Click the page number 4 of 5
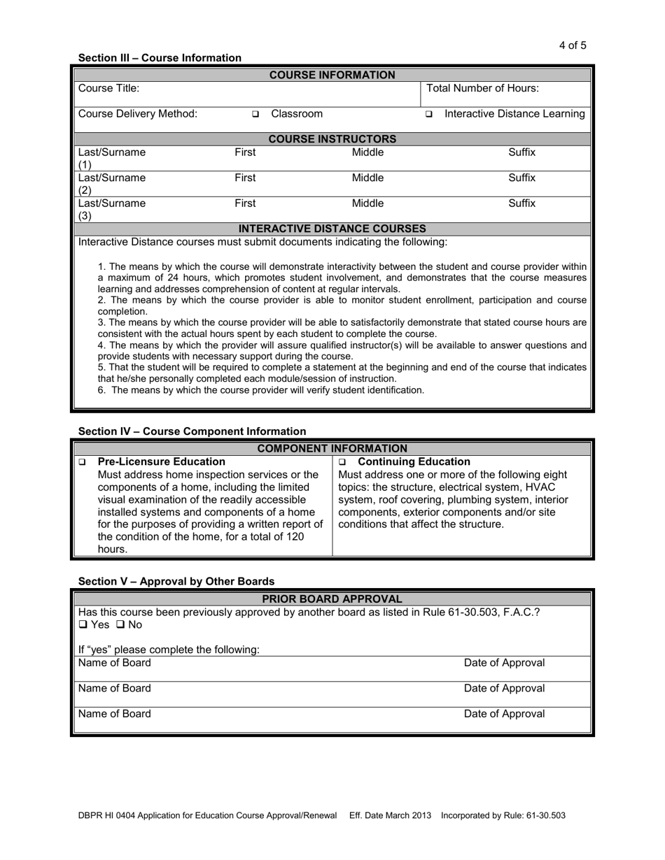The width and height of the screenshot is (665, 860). tap(573, 45)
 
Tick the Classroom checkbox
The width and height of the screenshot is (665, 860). tap(255, 114)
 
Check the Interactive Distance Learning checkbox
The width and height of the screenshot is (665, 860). tap(429, 114)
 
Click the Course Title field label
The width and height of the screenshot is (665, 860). tap(108, 88)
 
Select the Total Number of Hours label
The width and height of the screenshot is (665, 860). tap(482, 88)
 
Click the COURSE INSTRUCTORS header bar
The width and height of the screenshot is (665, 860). tap(332, 139)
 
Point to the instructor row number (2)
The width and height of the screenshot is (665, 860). tap(85, 190)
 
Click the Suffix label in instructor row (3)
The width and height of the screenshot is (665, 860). tap(521, 203)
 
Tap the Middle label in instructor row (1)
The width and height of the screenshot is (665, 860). tap(367, 152)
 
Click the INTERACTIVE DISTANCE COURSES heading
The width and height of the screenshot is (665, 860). tap(332, 229)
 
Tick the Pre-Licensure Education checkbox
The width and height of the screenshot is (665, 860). tap(83, 462)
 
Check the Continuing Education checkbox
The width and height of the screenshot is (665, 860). tap(342, 462)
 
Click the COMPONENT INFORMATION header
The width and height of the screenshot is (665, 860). tap(332, 448)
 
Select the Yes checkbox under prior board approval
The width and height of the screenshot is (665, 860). tap(83, 624)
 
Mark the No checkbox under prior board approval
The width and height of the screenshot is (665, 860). tap(120, 624)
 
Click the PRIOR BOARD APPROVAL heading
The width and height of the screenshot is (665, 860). tap(332, 599)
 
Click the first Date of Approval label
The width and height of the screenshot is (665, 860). tap(504, 663)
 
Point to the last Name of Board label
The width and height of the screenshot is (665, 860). tap(114, 714)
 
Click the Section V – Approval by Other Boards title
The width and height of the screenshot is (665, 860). tap(176, 581)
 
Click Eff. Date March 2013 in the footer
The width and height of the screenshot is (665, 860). tap(390, 815)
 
